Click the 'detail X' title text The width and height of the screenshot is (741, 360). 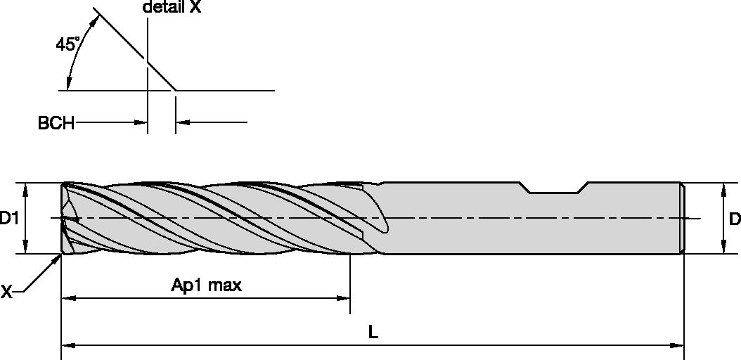[x=172, y=8]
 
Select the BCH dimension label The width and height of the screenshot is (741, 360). [x=56, y=124]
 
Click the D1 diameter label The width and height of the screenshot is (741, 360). [x=9, y=219]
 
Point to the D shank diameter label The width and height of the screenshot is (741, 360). [x=734, y=219]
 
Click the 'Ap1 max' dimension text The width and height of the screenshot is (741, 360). [x=206, y=285]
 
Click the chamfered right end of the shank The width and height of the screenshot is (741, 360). [x=682, y=218]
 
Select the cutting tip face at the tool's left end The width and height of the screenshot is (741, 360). [x=65, y=219]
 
